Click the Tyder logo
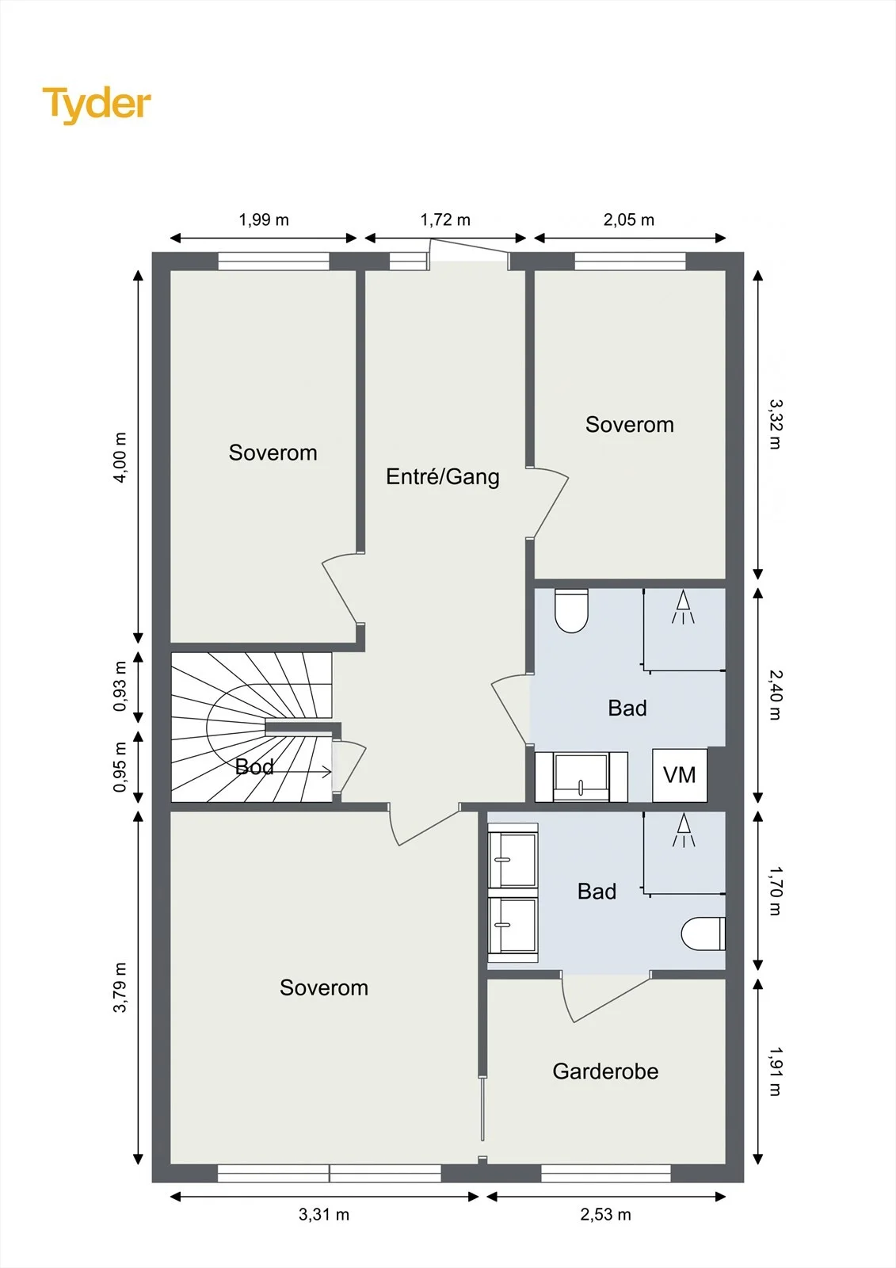[97, 105]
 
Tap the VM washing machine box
[679, 775]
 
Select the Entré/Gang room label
[443, 476]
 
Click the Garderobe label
[605, 1071]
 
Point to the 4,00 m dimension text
[120, 457]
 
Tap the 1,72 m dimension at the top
[445, 220]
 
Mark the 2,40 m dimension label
[775, 694]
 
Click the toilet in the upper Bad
[572, 610]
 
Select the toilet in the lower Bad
[703, 934]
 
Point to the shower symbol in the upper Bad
[683, 606]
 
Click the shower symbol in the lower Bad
[684, 830]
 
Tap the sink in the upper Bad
[581, 777]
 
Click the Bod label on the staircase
[254, 766]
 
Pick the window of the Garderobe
[605, 1174]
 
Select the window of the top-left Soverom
[273, 261]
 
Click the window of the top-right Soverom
[630, 261]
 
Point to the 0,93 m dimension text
[120, 686]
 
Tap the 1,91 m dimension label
[775, 1071]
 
